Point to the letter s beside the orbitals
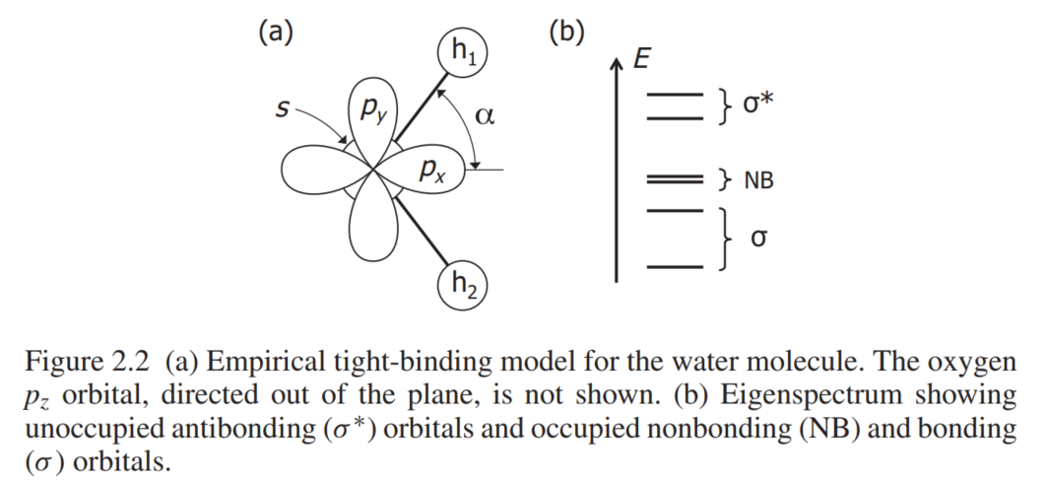click(x=283, y=109)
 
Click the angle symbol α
click(x=485, y=115)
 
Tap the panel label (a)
click(x=276, y=33)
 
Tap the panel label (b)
click(x=566, y=33)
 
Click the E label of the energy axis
click(x=641, y=60)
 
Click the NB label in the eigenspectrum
click(x=758, y=180)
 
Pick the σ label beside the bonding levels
click(x=758, y=238)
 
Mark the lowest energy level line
click(x=675, y=267)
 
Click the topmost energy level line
click(x=675, y=95)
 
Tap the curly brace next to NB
click(x=725, y=179)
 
